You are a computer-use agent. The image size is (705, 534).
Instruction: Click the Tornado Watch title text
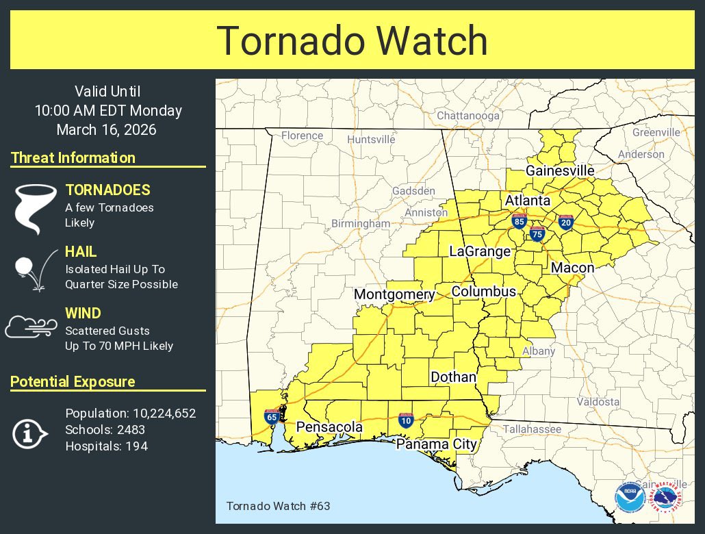[352, 40]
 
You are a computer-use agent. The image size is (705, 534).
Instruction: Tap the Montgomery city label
[394, 294]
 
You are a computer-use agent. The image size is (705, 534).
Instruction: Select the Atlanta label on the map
[527, 201]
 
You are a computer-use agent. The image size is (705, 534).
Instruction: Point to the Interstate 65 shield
[272, 416]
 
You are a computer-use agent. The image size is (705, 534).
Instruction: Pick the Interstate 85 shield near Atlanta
[519, 220]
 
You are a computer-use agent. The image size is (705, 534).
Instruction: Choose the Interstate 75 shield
[537, 234]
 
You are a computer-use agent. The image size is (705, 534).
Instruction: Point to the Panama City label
[437, 444]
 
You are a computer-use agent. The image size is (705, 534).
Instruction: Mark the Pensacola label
[329, 427]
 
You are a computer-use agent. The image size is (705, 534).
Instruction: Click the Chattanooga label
[468, 116]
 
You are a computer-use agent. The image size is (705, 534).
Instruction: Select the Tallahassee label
[532, 429]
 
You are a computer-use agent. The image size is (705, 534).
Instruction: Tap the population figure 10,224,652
[163, 413]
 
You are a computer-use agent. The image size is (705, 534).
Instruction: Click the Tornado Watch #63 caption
[268, 506]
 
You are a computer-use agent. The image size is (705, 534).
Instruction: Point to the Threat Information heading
[73, 157]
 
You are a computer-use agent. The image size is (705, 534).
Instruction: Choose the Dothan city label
[453, 377]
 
